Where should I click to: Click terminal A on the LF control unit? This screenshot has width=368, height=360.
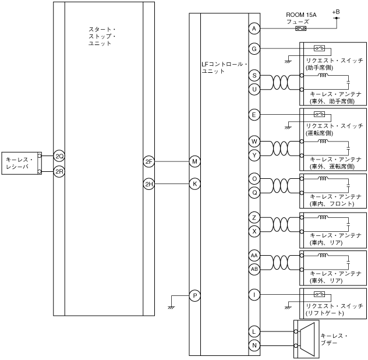pos(253,28)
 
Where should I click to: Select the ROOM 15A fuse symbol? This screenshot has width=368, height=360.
pos(301,28)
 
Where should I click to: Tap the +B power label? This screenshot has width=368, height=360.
pos(335,11)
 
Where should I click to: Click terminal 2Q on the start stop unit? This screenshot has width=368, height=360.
pos(58,156)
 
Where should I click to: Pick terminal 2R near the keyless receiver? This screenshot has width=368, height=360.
pos(58,171)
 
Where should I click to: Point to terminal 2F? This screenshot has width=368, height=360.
pos(148,161)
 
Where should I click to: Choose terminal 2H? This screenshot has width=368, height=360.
pos(148,184)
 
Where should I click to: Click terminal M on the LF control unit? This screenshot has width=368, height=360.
pos(195,161)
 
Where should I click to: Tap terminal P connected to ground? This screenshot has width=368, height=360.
pos(195,296)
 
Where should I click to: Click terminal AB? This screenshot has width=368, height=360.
pos(253,269)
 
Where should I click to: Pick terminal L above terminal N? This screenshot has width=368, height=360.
pos(253,331)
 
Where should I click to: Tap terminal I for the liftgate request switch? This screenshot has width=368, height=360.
pos(253,296)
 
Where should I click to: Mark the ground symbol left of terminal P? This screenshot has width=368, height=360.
pos(172,304)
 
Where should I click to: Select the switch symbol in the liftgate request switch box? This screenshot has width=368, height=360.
pos(319,294)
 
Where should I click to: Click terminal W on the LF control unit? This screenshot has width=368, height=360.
pos(253,142)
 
